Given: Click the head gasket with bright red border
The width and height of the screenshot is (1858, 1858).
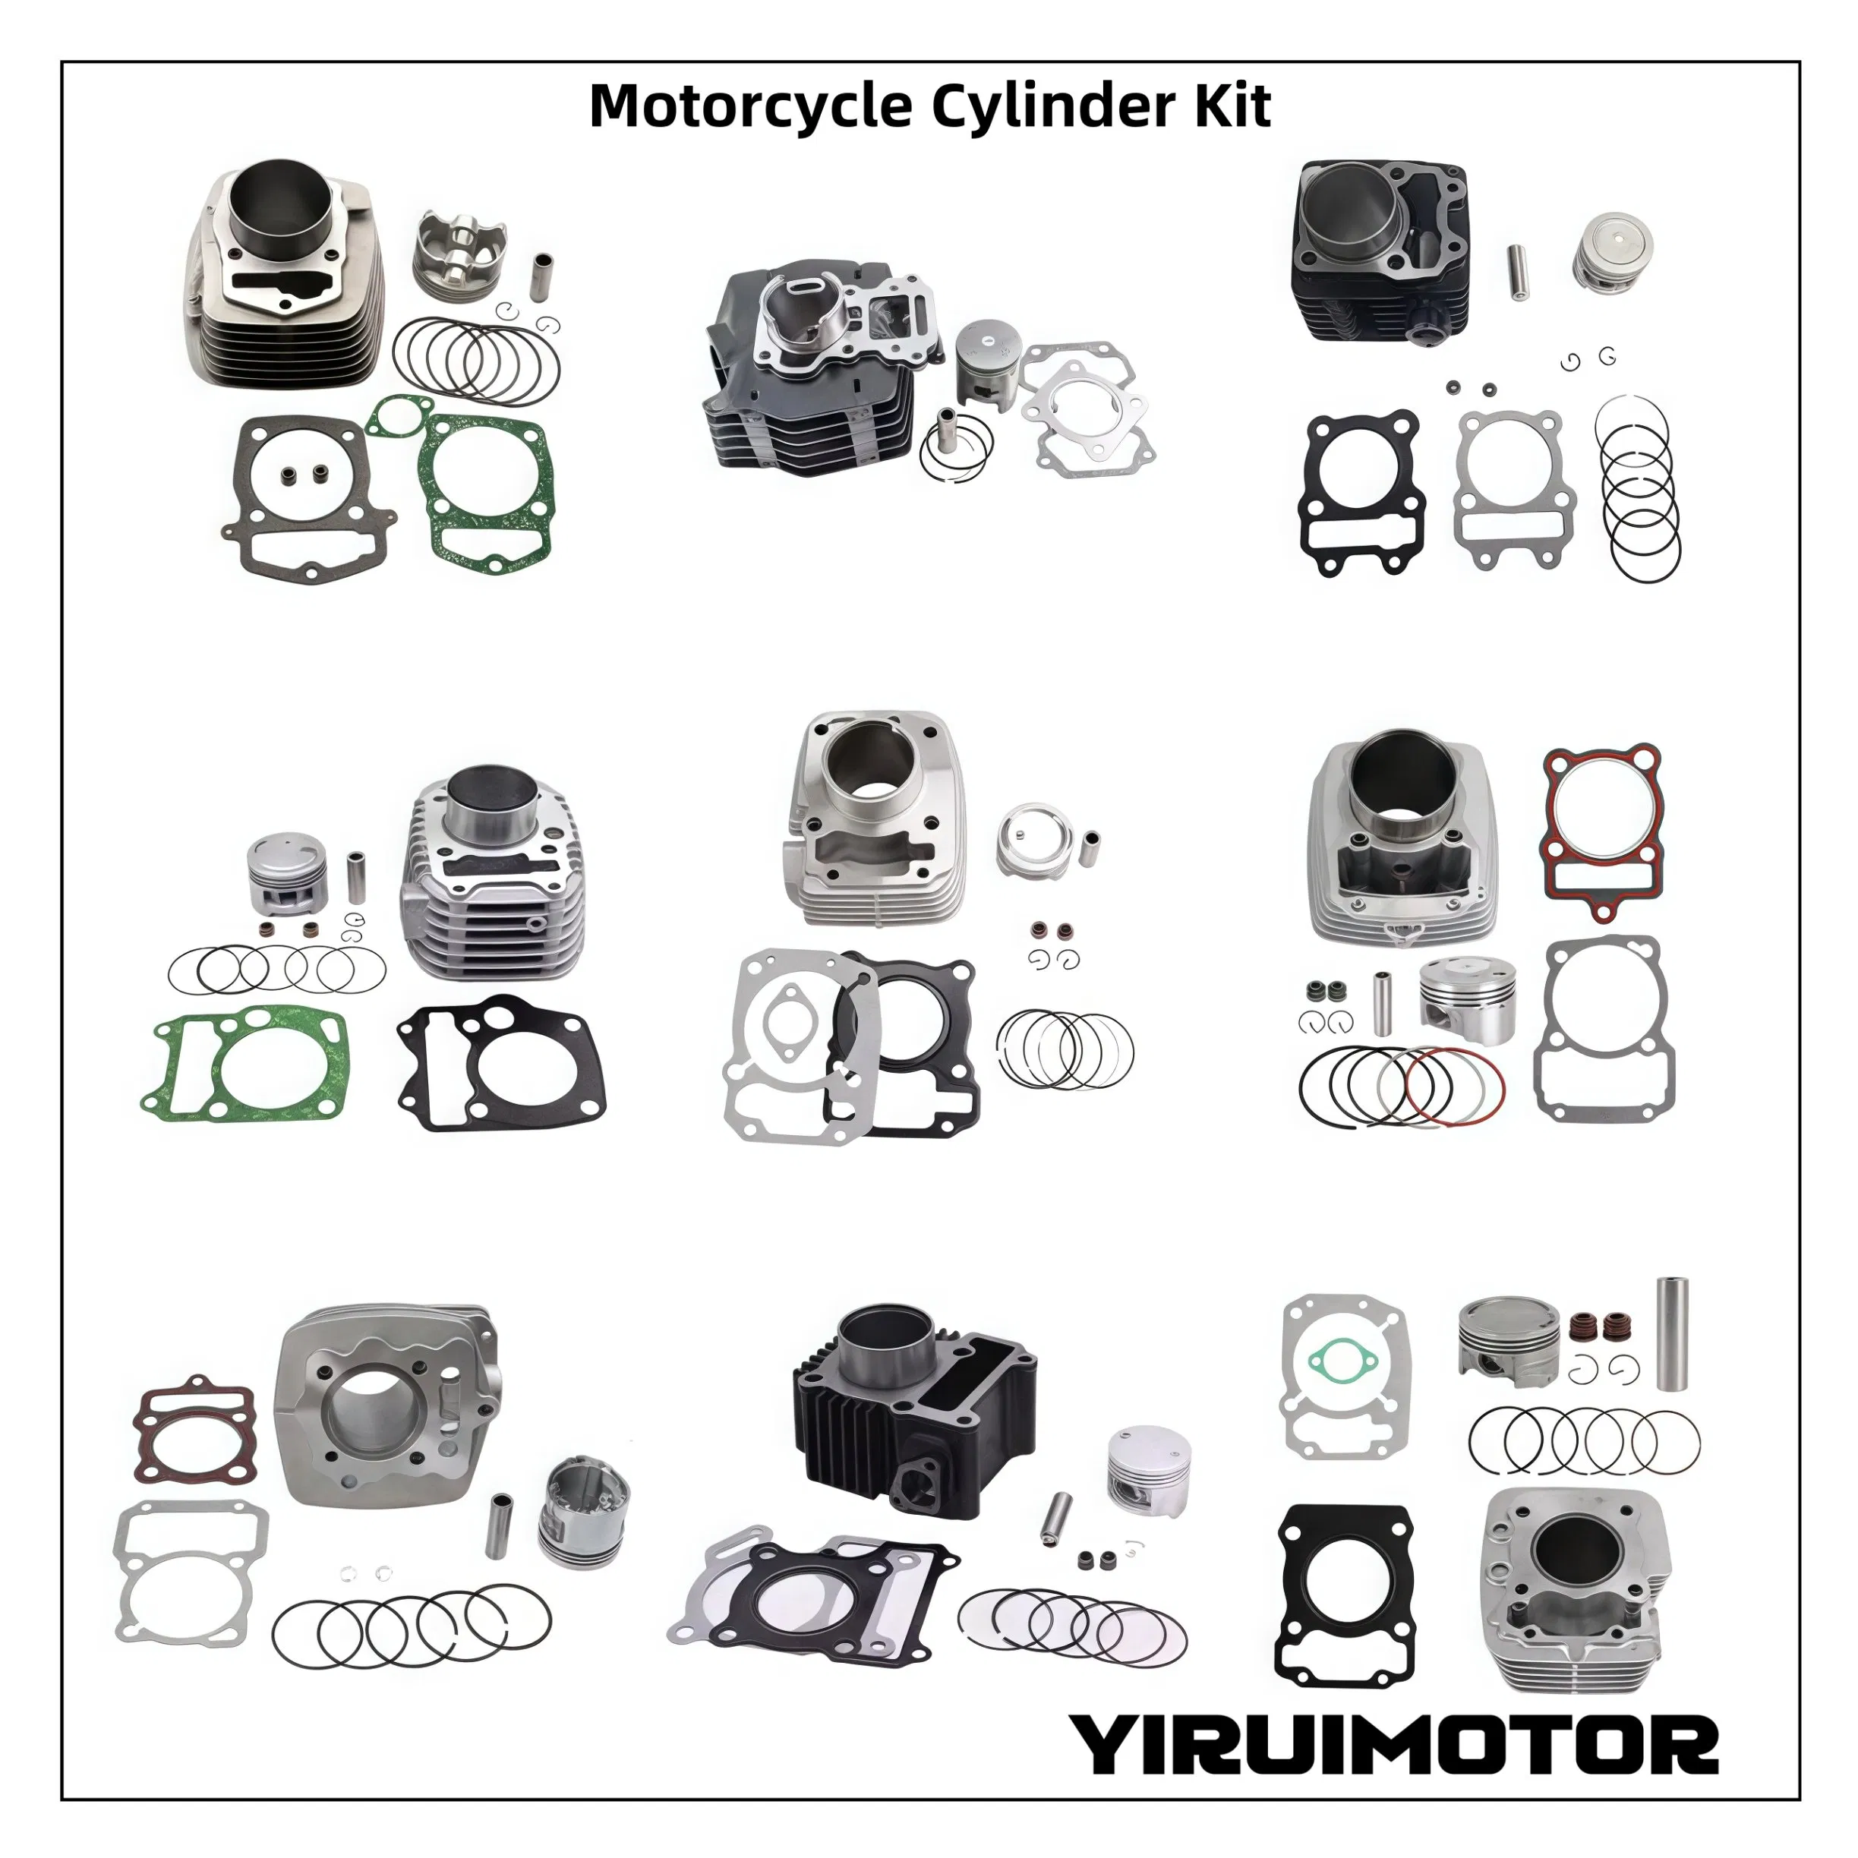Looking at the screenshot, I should point(1601,833).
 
